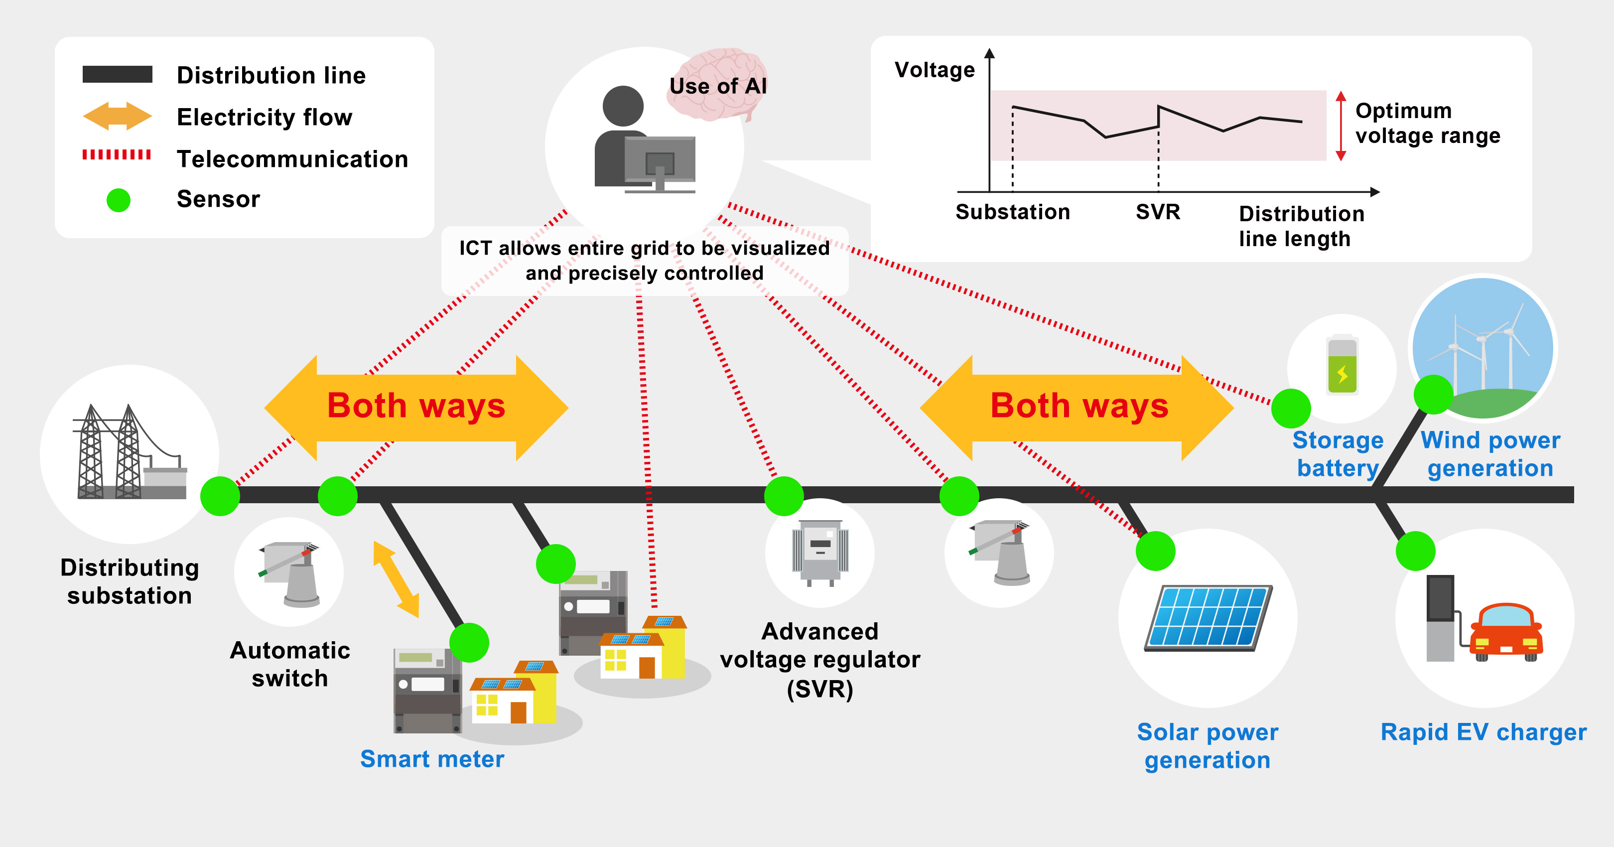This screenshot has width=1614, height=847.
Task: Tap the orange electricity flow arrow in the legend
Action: (117, 117)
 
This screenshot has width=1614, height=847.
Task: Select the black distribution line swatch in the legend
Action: (117, 74)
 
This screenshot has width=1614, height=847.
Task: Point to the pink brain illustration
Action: (717, 85)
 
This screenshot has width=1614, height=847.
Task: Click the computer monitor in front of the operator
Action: (660, 161)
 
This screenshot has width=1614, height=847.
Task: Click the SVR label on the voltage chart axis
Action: (1158, 212)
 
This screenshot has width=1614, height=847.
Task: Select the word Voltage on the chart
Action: (934, 70)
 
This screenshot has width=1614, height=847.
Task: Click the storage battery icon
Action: (1342, 366)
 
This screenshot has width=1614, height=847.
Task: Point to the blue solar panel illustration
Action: (1208, 618)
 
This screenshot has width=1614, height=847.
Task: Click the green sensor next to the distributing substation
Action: (220, 496)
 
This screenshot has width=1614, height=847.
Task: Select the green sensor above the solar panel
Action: (1155, 551)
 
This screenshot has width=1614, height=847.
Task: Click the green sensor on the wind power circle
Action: (1434, 395)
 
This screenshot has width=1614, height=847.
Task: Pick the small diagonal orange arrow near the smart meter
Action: (396, 579)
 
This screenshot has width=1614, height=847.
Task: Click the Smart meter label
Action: (432, 759)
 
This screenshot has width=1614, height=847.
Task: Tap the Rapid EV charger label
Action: (1483, 732)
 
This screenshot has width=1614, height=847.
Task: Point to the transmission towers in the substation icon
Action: (110, 451)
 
